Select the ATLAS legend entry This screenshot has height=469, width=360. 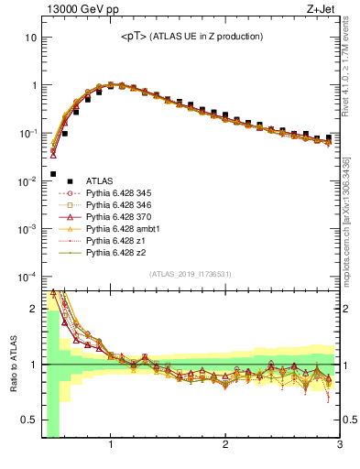(x=100, y=181)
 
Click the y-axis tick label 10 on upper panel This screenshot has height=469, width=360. (x=30, y=38)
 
